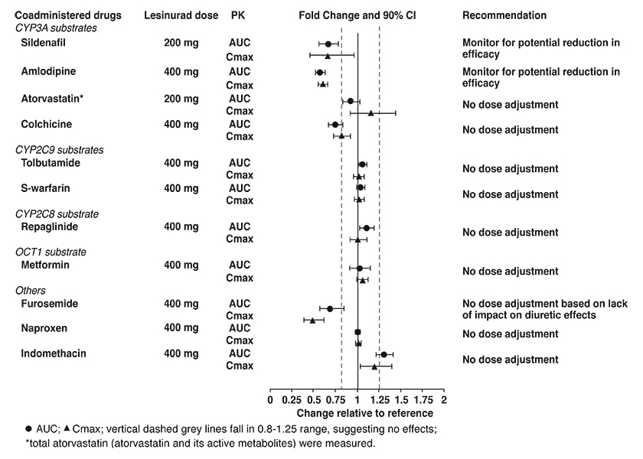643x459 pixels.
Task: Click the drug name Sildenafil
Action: point(44,43)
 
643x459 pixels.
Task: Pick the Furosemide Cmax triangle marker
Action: point(312,320)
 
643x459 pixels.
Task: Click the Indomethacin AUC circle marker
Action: point(384,354)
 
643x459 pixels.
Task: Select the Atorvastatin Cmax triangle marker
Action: point(370,113)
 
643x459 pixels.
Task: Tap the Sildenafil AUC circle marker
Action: point(328,44)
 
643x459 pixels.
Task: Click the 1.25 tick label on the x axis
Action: point(380,399)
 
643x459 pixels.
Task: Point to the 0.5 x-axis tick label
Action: point(314,399)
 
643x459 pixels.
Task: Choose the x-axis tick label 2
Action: point(444,399)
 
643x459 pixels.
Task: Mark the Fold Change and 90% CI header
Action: point(357,15)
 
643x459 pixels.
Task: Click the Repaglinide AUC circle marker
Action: point(367,228)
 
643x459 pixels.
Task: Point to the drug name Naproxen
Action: point(44,327)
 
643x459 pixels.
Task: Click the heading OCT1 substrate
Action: point(51,252)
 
